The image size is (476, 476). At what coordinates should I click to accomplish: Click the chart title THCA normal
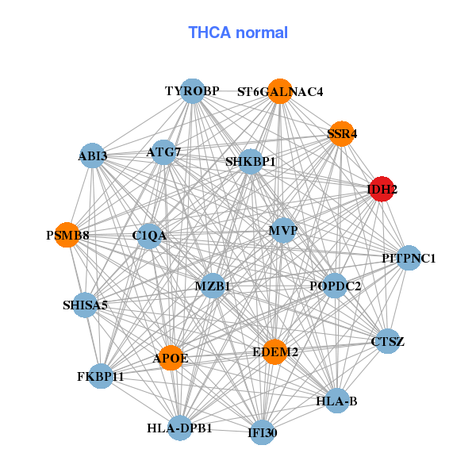coord(238,33)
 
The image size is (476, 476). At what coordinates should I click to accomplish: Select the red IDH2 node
coord(382,190)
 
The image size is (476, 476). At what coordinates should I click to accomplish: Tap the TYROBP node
coord(192,91)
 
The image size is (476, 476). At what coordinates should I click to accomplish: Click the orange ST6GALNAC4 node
coord(280,91)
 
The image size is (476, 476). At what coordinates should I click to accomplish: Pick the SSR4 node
coord(342,134)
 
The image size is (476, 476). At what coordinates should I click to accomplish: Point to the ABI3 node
coord(93,155)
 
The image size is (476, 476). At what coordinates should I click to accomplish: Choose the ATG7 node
coord(164,152)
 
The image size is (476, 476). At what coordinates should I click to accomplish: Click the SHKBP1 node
coord(251,162)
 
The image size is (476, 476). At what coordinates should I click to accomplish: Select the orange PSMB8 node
coord(67,236)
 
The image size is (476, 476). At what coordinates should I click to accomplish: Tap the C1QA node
coord(149,236)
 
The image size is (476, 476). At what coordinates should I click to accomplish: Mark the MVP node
coord(283,231)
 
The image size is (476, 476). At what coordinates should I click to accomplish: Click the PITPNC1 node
coord(409,258)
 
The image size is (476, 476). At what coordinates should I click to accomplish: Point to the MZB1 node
coord(213,286)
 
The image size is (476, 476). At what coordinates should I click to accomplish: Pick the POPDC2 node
coord(335,286)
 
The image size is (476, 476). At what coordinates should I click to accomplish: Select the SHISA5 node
coord(85,305)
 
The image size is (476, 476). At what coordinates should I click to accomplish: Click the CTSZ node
coord(387,342)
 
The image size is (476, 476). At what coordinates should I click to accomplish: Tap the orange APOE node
coord(171,359)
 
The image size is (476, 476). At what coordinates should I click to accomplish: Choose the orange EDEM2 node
coord(275,351)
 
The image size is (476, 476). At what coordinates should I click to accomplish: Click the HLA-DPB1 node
coord(180,428)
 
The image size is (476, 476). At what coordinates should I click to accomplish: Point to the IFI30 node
coord(263,433)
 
